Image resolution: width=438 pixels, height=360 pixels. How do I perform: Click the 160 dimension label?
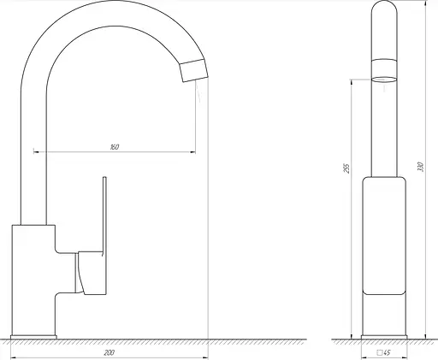point(115,147)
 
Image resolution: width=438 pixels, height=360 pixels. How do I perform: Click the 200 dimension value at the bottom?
point(109,353)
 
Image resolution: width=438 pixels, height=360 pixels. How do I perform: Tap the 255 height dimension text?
point(346,168)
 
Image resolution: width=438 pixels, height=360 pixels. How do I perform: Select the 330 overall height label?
point(421,167)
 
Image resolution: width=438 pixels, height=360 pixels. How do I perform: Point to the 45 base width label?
point(387,352)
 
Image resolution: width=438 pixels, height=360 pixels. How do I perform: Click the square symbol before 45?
point(380,352)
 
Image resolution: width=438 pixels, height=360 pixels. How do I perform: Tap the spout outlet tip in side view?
point(193,70)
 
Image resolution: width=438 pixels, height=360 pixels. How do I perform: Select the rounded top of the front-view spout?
point(384,7)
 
